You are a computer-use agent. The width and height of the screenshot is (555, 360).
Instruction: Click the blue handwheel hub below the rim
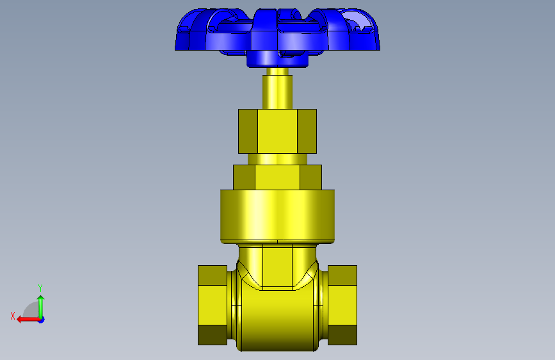(x=277, y=59)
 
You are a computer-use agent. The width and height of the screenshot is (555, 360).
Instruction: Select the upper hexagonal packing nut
(x=278, y=131)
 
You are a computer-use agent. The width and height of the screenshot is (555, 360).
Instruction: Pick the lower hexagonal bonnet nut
(x=278, y=177)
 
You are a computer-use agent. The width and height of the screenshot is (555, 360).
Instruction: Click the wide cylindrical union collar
(x=278, y=217)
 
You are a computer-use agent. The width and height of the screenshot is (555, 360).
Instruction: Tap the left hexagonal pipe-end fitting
(x=213, y=305)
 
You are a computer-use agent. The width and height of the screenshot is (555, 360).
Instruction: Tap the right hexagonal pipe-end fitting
(x=342, y=305)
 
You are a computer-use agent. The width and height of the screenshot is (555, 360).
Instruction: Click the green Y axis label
(x=40, y=288)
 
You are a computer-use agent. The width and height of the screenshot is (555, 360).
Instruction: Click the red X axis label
(x=13, y=316)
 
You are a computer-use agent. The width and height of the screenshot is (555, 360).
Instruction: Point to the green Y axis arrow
(x=41, y=307)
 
